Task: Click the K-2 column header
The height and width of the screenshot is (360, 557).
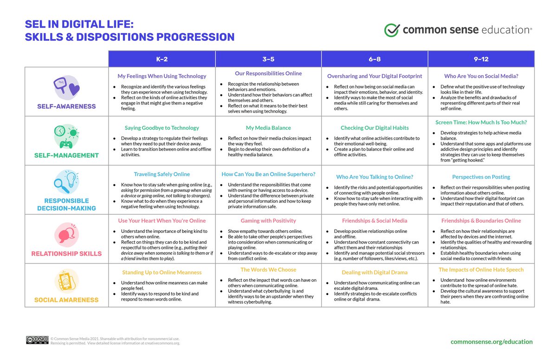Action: [162, 59]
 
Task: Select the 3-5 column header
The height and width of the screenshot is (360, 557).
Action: [268, 59]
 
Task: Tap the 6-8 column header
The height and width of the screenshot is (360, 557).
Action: [375, 59]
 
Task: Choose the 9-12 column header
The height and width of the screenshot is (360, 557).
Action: [481, 59]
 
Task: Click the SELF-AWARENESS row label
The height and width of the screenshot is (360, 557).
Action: [66, 106]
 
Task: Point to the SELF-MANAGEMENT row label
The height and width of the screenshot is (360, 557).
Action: [66, 155]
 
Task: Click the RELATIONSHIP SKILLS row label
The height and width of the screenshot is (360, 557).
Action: [66, 253]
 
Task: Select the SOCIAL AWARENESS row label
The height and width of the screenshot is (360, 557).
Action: [66, 300]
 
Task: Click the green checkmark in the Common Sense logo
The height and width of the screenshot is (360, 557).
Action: [392, 30]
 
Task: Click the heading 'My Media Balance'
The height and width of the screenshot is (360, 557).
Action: [268, 128]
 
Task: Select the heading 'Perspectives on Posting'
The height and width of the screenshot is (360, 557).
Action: [481, 177]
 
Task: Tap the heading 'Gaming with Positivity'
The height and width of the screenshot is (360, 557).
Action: [268, 221]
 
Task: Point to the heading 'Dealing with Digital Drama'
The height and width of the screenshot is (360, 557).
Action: [375, 272]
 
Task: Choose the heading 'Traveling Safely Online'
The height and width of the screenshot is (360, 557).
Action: [162, 174]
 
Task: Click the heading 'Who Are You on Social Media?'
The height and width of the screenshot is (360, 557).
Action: [481, 76]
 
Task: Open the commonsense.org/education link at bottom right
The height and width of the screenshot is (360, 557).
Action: [492, 341]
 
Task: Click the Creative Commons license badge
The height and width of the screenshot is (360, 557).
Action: [37, 341]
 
